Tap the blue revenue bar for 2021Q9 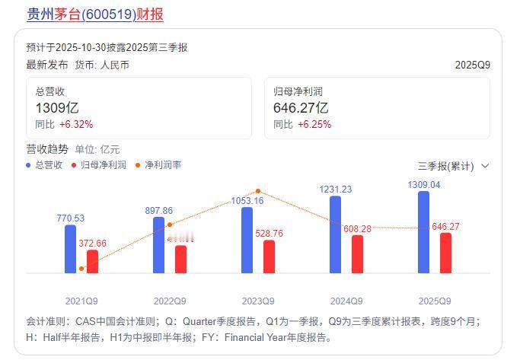point(71,248)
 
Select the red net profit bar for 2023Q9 point(269,256)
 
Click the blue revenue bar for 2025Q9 point(424,231)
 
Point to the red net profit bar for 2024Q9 point(357,253)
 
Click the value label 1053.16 point(247,201)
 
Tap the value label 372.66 point(93,244)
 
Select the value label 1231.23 point(335,190)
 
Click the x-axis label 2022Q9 point(171,300)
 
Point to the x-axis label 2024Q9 point(346,300)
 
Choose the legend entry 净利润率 point(158,164)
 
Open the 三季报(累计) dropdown point(453,166)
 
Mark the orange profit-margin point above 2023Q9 point(259,191)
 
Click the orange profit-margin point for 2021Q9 point(81,269)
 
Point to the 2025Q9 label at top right point(472,65)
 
